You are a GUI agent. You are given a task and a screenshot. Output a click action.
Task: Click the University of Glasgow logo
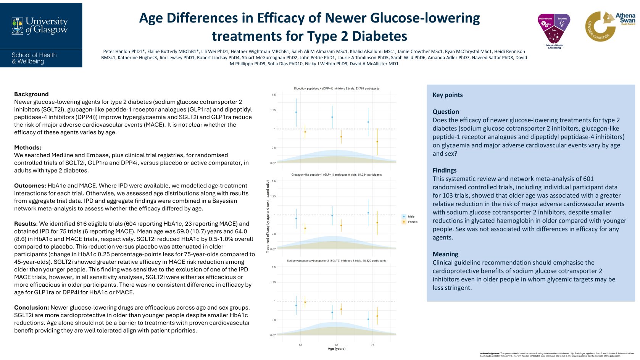pos(40,26)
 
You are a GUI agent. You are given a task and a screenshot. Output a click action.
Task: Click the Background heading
pos(31,94)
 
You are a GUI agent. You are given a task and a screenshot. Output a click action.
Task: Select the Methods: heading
pos(27,148)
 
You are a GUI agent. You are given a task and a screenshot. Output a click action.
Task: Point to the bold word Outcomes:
pos(30,186)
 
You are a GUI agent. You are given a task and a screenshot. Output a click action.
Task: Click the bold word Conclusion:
pos(31,308)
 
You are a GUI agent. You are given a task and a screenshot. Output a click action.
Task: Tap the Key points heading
pos(447,95)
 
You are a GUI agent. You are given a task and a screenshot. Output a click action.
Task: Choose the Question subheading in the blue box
pos(445,112)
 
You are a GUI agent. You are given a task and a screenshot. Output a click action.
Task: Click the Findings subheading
pos(444,170)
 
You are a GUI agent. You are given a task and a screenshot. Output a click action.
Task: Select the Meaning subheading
pos(445,254)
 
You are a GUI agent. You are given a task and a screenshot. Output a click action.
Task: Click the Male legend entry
pos(411,216)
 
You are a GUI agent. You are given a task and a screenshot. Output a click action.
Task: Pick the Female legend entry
pos(412,222)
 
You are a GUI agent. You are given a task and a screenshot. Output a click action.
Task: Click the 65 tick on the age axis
pos(337,345)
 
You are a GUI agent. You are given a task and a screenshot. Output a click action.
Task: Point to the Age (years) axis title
pos(336,349)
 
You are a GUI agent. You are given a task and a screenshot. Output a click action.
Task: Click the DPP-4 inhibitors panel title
pos(336,89)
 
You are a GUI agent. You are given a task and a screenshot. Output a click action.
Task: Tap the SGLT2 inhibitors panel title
pos(336,261)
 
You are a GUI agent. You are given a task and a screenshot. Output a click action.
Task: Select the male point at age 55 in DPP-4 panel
pos(296,112)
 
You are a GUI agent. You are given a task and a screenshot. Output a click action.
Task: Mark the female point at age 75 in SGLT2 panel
pos(377,316)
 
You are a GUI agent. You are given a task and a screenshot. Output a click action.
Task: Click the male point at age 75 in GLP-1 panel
pos(368,213)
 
